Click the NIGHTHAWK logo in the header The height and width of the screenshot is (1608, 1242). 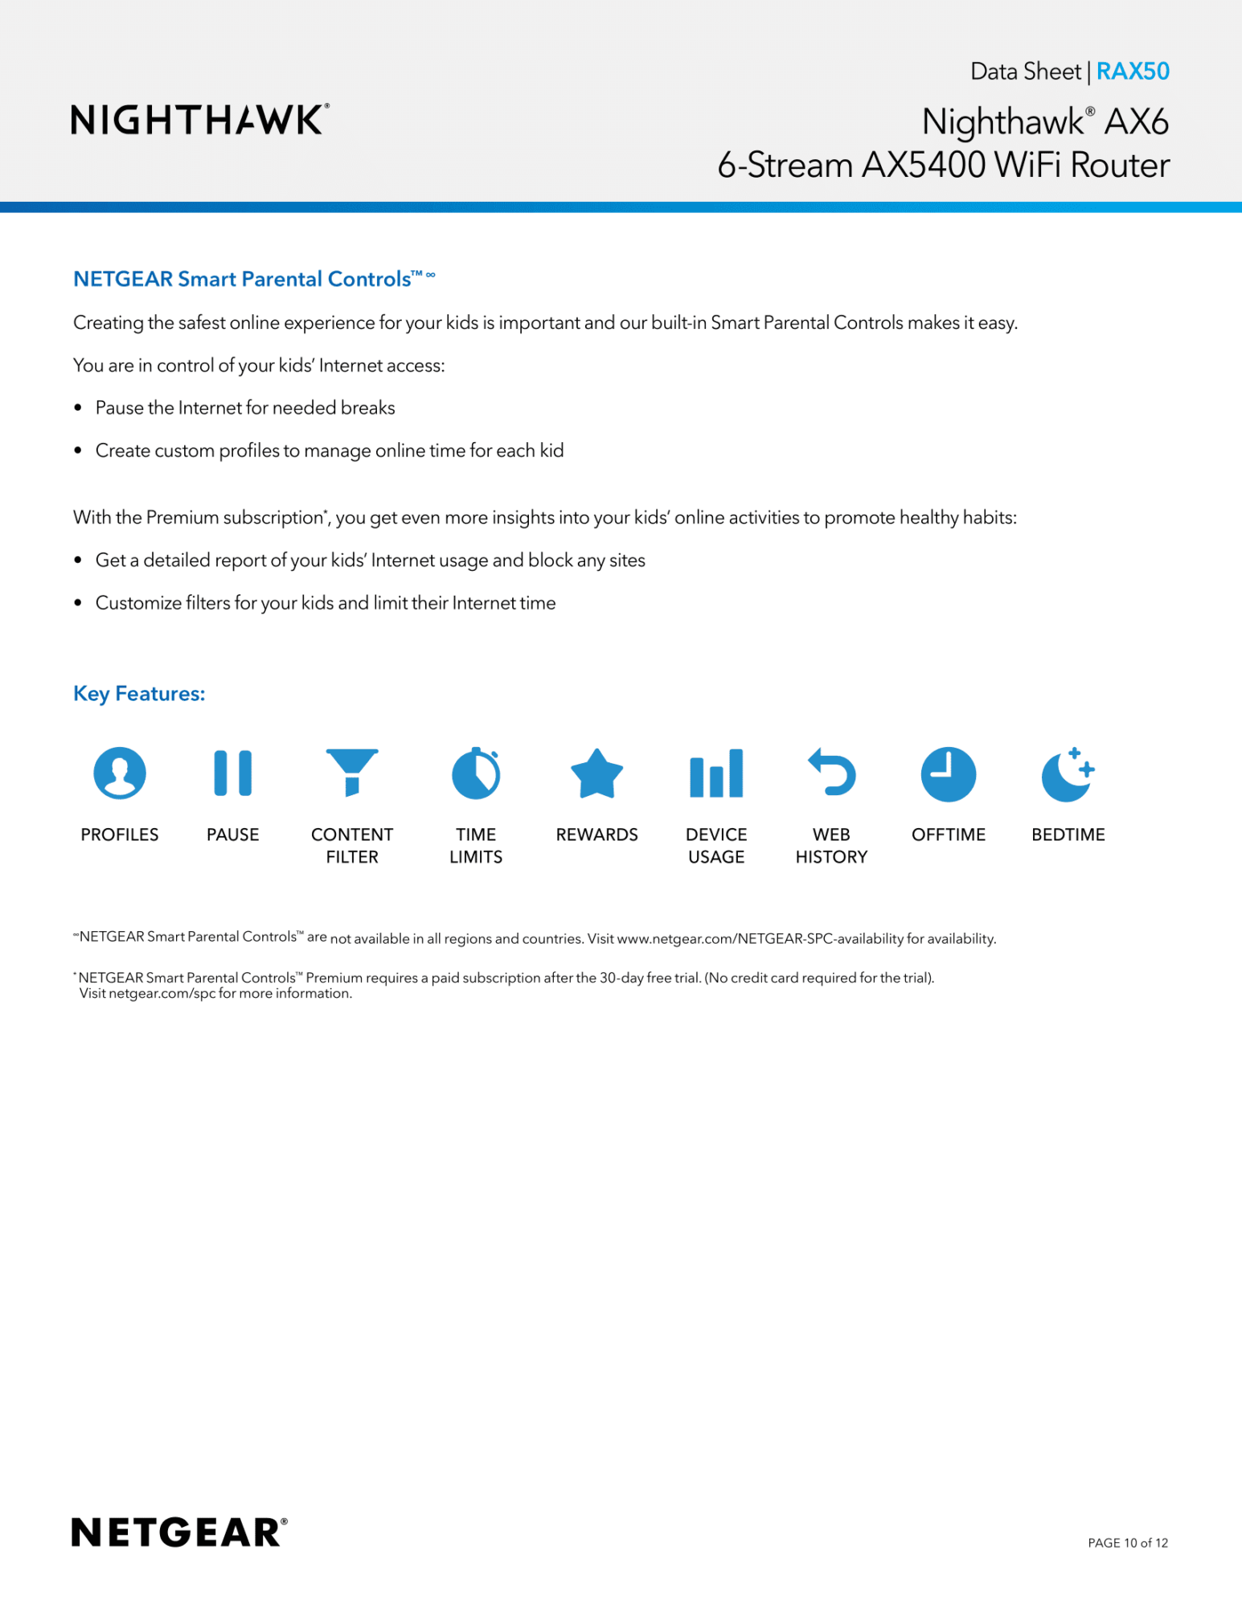199,120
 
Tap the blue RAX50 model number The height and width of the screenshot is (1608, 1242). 1132,72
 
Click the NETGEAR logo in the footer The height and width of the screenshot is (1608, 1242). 178,1532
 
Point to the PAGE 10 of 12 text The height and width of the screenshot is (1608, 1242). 1127,1543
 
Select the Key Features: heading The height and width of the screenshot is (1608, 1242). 139,693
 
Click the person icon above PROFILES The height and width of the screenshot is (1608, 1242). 120,773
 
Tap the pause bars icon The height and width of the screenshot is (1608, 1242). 232,773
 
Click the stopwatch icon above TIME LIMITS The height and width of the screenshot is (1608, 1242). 476,773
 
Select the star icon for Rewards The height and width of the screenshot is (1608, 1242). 596,774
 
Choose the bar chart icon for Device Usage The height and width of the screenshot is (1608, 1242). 716,773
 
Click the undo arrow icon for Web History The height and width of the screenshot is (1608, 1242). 832,772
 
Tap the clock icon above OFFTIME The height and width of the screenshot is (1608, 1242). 948,774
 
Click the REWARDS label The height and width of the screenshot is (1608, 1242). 596,835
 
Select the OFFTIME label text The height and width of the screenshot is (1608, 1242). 948,835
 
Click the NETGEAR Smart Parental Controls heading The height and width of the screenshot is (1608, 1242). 242,279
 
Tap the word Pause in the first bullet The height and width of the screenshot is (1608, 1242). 119,408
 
